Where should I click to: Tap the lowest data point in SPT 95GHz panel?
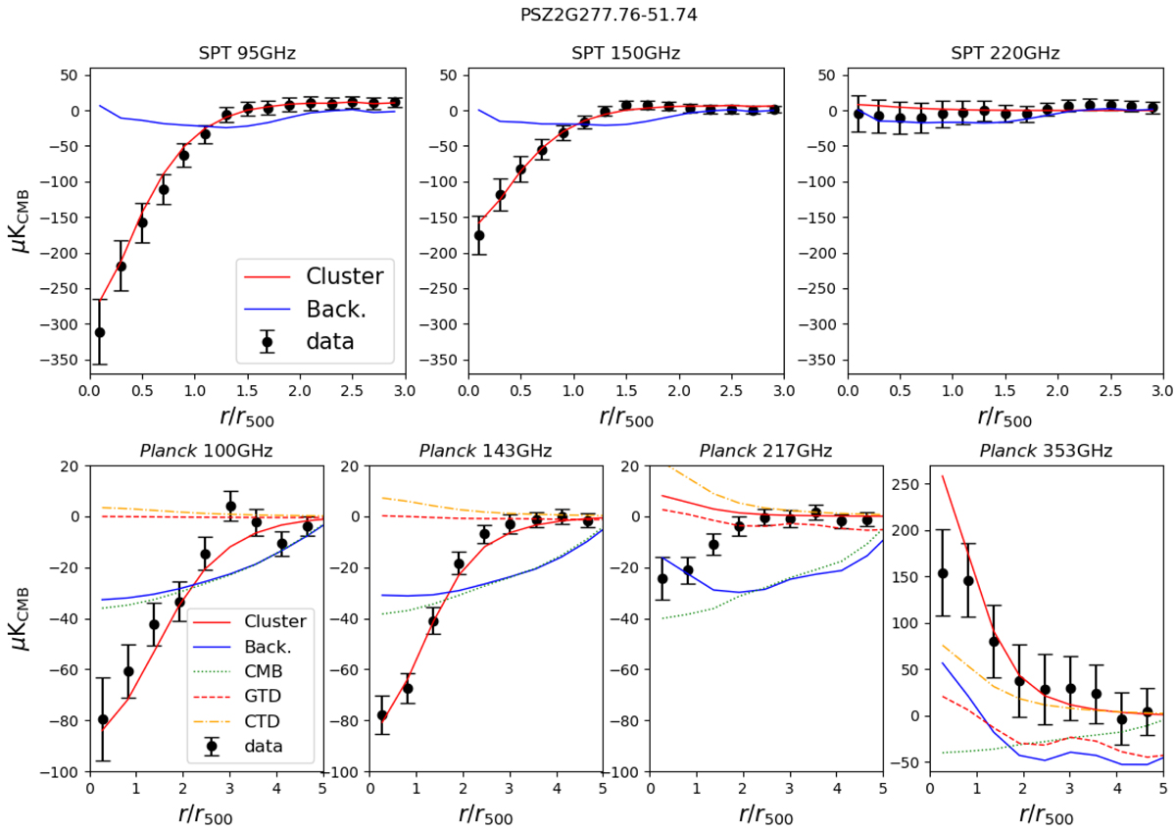tap(99, 332)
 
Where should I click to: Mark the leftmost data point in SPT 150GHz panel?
tap(479, 235)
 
